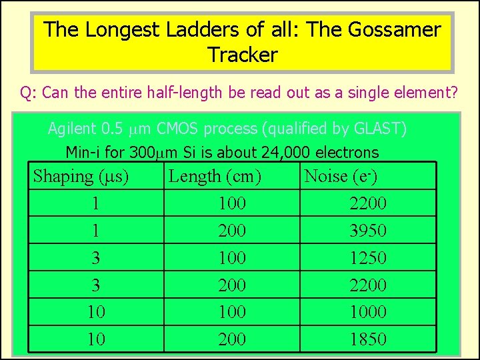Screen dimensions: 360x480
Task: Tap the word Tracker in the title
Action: point(242,55)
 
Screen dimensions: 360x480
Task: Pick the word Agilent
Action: point(72,129)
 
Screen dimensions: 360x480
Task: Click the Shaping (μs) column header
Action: point(81,177)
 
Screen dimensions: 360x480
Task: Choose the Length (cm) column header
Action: point(215,177)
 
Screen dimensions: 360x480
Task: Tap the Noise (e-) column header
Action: point(341,177)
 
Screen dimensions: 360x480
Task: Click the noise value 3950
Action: point(368,231)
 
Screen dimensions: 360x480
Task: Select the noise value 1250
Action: point(368,258)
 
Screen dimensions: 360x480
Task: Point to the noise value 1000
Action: point(368,312)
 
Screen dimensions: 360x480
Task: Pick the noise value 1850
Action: point(368,339)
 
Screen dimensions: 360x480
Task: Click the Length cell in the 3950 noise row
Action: point(232,231)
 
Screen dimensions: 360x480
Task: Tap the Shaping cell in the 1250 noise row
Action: point(96,258)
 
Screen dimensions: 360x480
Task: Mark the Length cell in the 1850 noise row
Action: point(232,339)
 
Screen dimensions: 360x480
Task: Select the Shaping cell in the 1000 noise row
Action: point(96,312)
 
